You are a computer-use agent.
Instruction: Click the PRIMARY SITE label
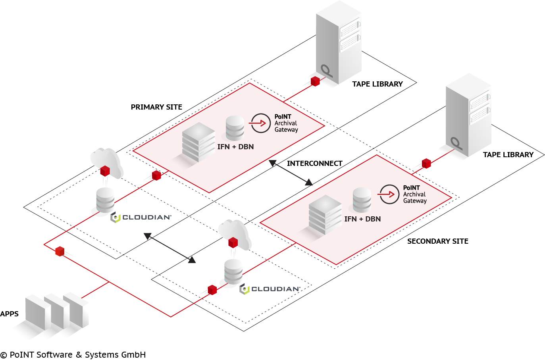click(156, 107)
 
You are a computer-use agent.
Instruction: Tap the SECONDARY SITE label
click(437, 241)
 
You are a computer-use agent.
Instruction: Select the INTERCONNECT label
click(314, 164)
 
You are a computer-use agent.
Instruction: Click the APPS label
click(10, 314)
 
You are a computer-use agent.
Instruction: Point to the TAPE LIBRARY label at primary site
click(377, 84)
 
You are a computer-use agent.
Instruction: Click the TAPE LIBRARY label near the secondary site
click(508, 155)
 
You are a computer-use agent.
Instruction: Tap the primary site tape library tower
click(338, 44)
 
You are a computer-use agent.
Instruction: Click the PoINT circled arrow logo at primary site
click(261, 123)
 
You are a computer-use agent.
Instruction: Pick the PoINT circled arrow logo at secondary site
click(389, 194)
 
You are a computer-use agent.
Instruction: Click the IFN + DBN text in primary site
click(235, 147)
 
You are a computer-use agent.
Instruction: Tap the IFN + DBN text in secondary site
click(362, 219)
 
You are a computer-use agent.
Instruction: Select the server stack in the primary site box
click(198, 142)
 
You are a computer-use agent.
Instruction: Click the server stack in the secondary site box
click(325, 214)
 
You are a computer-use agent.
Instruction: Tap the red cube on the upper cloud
click(105, 171)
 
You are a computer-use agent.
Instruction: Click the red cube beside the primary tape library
click(315, 81)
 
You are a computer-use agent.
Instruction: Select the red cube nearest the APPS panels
click(60, 251)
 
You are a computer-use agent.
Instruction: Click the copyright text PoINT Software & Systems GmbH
click(73, 355)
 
